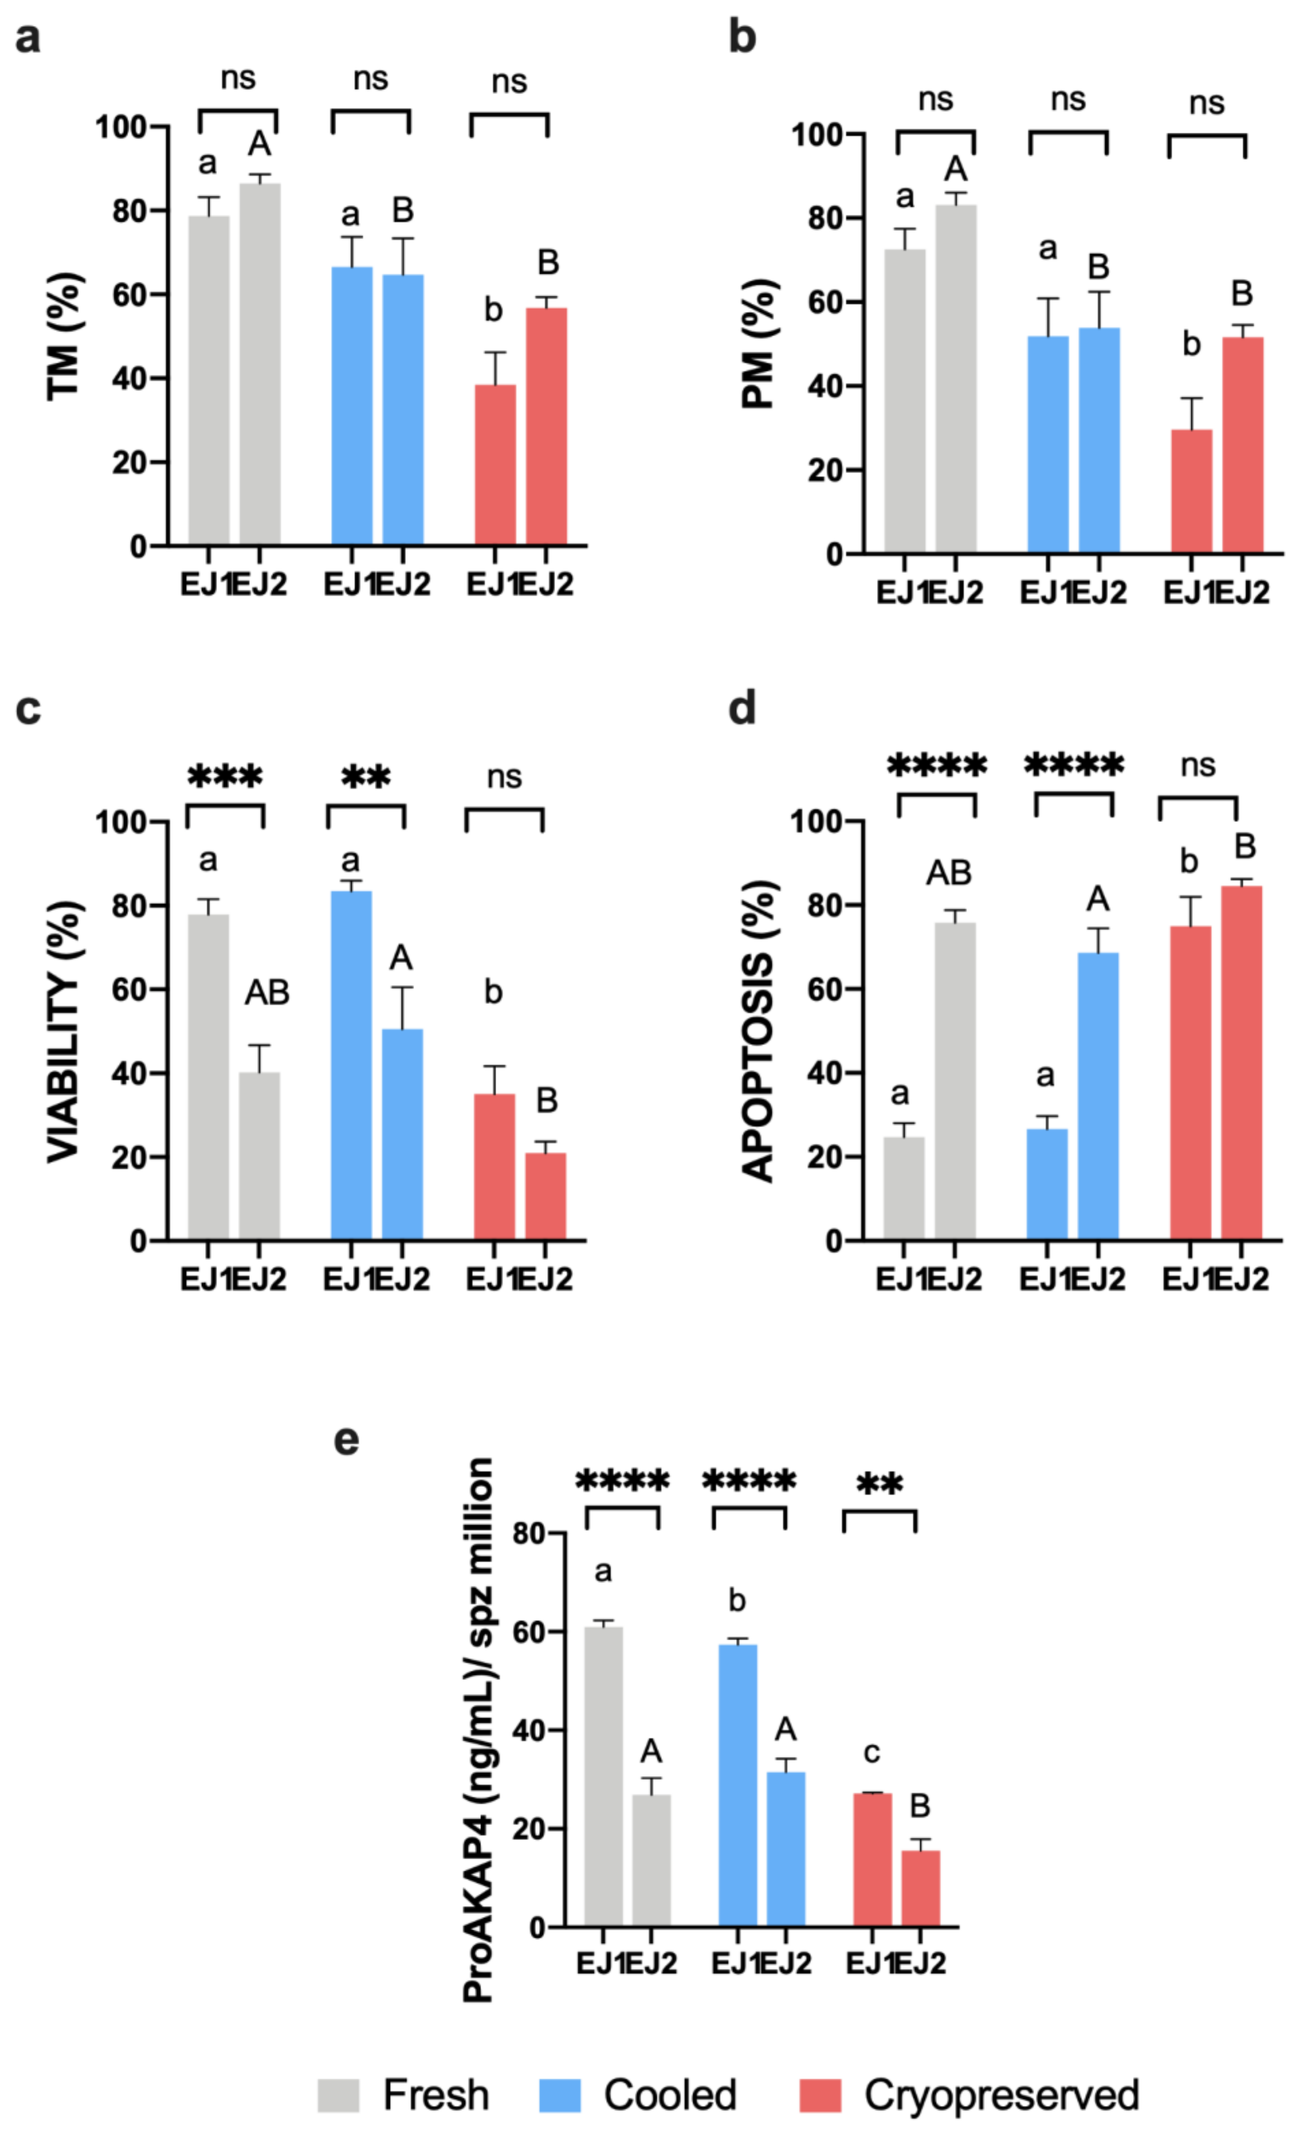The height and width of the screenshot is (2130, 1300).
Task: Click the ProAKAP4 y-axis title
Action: (x=478, y=1729)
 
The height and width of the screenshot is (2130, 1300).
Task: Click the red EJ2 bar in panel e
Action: (x=921, y=1889)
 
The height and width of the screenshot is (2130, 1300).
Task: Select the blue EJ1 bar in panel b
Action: (x=1047, y=443)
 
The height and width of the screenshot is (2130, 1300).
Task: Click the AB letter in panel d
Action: (x=948, y=873)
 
